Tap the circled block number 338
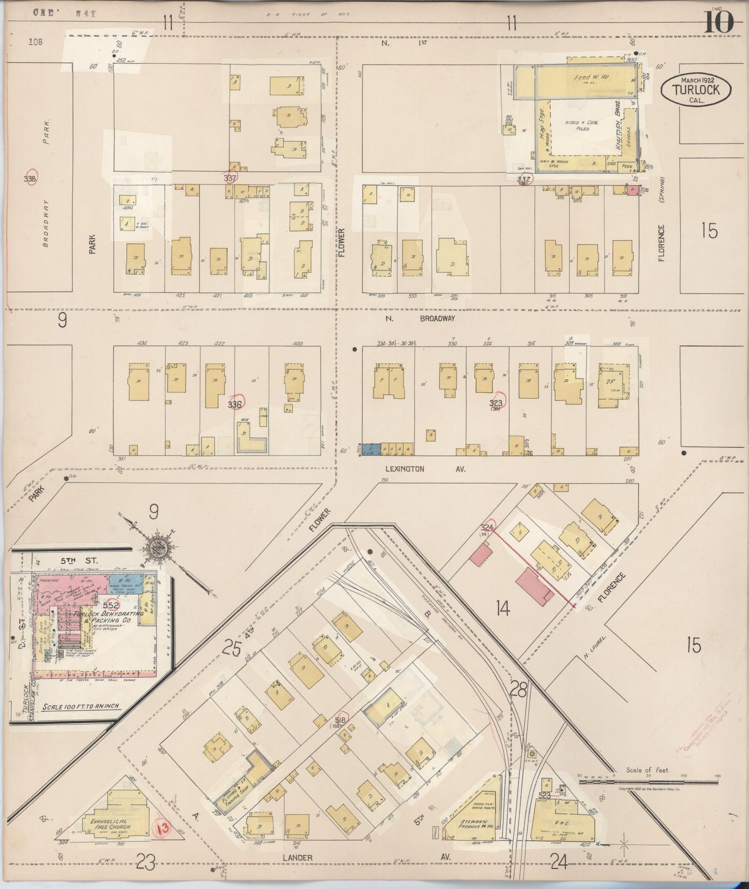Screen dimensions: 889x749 tap(32, 178)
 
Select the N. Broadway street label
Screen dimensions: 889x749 tap(420, 319)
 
